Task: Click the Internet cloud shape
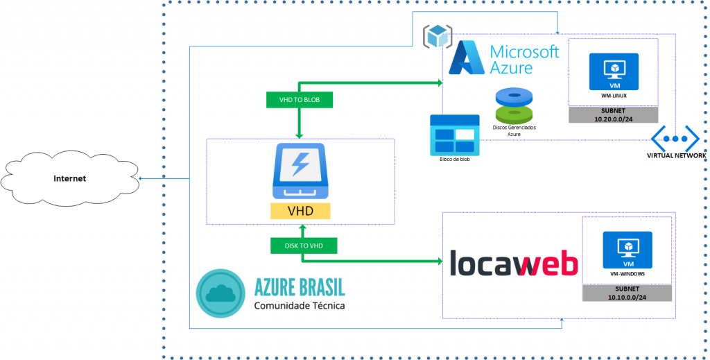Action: [x=70, y=179]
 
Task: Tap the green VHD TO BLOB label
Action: [x=299, y=100]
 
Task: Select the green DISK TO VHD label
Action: [x=302, y=246]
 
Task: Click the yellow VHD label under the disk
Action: [x=300, y=211]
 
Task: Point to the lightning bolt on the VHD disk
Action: [x=300, y=164]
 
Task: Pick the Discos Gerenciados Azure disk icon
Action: [x=514, y=105]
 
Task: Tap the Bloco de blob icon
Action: [x=454, y=134]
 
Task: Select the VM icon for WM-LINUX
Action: [x=614, y=70]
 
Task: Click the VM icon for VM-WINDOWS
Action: [x=627, y=248]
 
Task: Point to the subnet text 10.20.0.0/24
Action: [x=614, y=119]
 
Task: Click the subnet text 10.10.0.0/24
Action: [x=627, y=297]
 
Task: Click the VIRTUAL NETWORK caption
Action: [x=676, y=156]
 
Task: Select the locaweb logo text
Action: [x=514, y=264]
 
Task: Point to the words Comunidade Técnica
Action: [x=299, y=305]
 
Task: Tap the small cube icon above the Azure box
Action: [x=438, y=36]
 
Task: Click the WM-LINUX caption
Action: [x=614, y=94]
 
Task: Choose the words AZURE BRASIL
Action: [x=300, y=286]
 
